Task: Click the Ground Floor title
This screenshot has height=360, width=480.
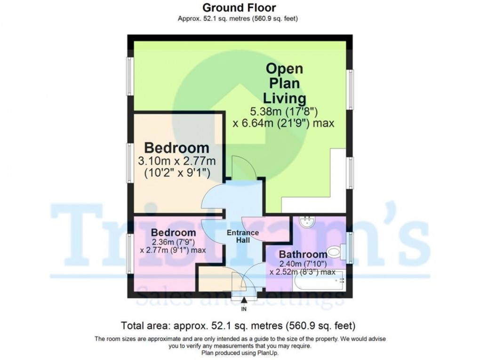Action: pos(239,8)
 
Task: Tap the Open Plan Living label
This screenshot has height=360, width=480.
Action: pos(285,83)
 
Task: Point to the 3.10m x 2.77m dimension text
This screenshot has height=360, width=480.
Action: pos(177,160)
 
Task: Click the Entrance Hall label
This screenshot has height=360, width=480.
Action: pos(242,236)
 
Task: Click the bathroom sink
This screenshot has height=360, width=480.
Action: pos(307,221)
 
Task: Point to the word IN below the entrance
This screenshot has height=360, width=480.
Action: pos(244,309)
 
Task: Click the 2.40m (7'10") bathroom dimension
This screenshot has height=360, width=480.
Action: pos(302,264)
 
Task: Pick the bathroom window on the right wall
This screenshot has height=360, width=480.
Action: pos(349,246)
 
